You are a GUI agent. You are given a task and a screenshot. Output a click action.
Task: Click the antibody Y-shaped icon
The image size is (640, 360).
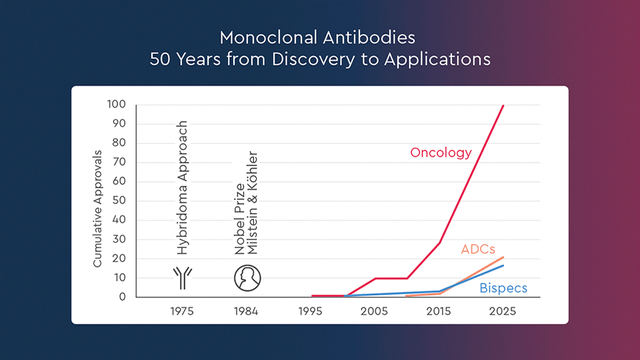[x=181, y=277]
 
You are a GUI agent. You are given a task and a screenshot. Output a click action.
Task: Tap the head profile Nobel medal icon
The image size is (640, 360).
[x=247, y=277]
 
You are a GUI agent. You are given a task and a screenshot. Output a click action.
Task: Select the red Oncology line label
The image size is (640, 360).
[x=441, y=153]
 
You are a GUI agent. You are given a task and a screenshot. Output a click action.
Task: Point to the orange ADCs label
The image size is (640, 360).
[x=478, y=249]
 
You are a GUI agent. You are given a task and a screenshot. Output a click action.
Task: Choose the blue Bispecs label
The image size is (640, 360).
[x=503, y=289]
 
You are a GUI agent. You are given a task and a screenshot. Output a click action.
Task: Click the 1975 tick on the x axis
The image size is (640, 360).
[x=182, y=311]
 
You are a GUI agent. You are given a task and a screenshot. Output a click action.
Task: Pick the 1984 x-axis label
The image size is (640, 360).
[x=247, y=311]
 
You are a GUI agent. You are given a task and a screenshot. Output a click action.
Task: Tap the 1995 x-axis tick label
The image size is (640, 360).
[x=311, y=311]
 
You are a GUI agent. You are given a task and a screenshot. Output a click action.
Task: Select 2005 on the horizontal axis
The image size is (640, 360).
[x=375, y=311]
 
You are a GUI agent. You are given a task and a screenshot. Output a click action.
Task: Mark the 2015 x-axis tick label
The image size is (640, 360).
[x=439, y=311]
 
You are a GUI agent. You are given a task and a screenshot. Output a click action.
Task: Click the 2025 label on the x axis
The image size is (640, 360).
[x=503, y=311]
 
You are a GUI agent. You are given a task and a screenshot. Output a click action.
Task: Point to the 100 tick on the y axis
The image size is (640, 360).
[x=117, y=105]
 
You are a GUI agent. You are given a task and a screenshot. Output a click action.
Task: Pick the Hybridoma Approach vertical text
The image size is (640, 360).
[x=182, y=188]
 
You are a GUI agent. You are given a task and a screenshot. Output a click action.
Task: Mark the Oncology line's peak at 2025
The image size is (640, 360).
[x=503, y=105]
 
